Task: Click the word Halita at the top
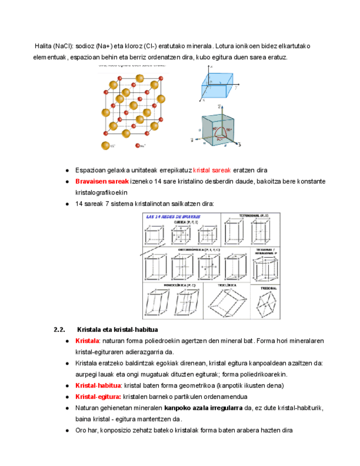tap(43, 46)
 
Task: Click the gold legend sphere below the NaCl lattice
tap(105, 146)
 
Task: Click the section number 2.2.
tap(59, 330)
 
